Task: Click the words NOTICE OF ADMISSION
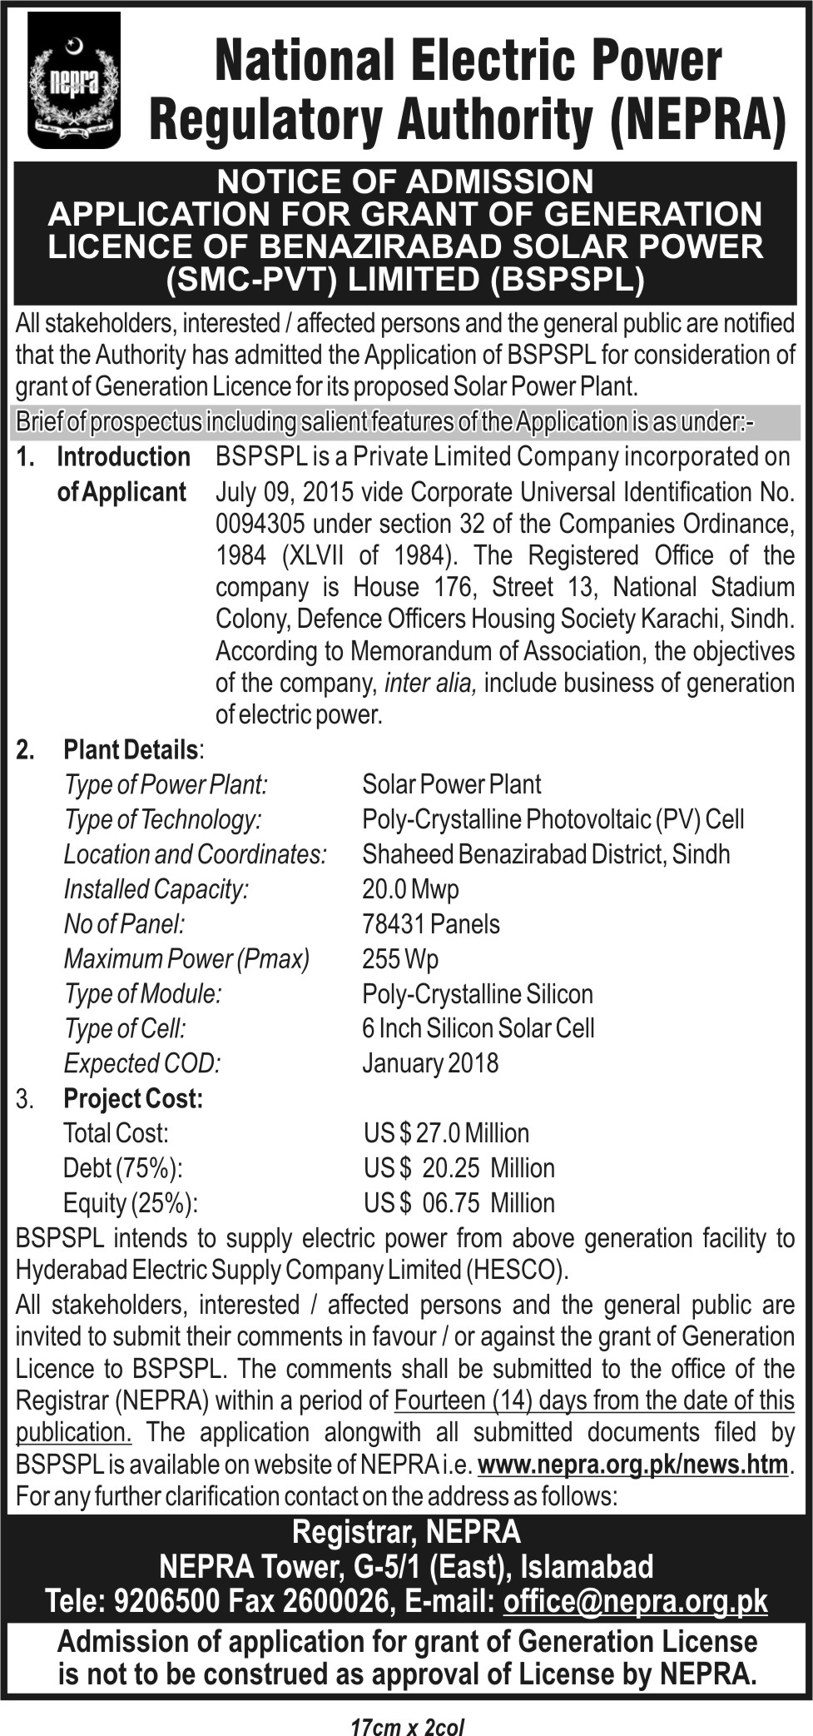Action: pos(405,182)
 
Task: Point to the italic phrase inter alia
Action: pos(430,683)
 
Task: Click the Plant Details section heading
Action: pos(131,749)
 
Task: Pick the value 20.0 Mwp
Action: pos(410,889)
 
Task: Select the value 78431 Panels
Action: pos(431,924)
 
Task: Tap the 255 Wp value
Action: pos(400,959)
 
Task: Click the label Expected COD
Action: pos(142,1063)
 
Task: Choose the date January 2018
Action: pos(430,1063)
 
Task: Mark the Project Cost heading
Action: pos(133,1099)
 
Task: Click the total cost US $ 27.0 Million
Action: pos(446,1133)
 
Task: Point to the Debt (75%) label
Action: pos(122,1168)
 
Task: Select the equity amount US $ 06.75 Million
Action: pos(459,1203)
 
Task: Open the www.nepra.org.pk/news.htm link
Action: pos(633,1464)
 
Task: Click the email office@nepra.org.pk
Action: pos(635,1601)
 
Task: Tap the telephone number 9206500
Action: pos(168,1601)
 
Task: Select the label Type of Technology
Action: pos(163,819)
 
